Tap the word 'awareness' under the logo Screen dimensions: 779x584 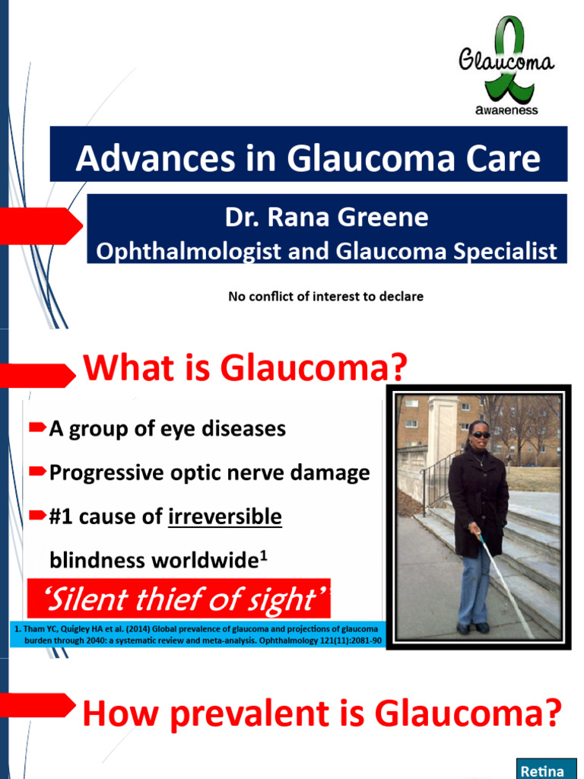[506, 111]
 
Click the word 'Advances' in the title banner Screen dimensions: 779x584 [134, 160]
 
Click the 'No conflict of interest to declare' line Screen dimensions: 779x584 [325, 297]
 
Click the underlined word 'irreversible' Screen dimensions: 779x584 [224, 517]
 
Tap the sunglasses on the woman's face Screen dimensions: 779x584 [481, 435]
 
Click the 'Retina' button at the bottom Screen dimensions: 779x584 [541, 770]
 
